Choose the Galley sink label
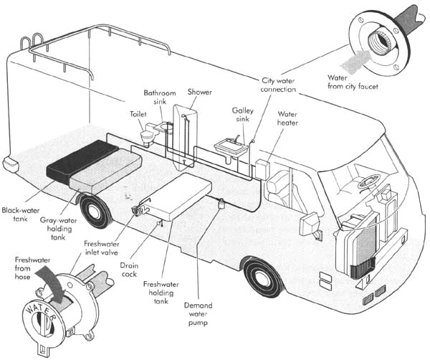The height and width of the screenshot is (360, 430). tap(243, 115)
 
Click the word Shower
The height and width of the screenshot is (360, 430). tap(200, 92)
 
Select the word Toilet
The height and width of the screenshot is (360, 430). tap(138, 114)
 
